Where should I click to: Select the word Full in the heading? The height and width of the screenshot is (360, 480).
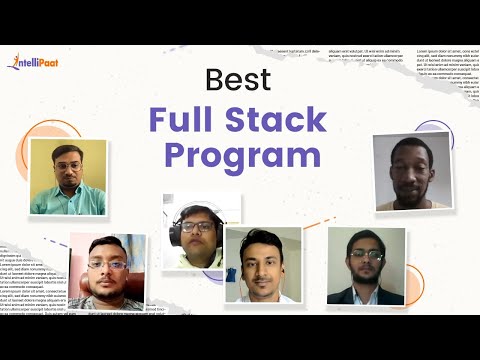[191, 118]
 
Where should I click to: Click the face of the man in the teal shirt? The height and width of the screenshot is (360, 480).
[67, 167]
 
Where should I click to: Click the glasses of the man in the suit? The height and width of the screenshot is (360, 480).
[366, 255]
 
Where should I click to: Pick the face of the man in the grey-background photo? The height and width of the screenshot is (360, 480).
[410, 167]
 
